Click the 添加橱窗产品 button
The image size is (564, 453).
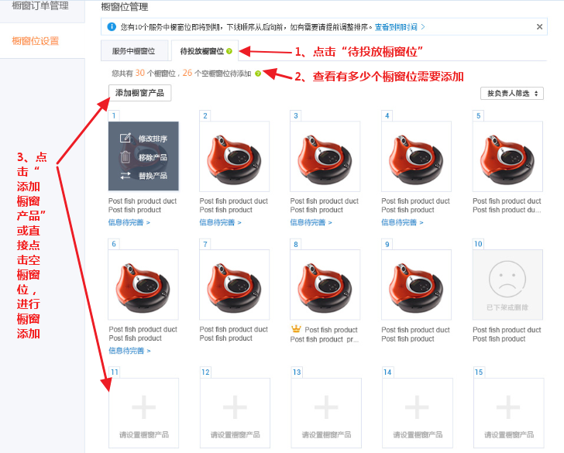tap(140, 93)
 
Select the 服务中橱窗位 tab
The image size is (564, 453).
tap(133, 51)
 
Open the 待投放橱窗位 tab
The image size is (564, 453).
tap(202, 51)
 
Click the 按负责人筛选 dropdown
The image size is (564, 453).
tap(511, 94)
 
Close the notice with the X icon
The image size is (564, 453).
tap(540, 26)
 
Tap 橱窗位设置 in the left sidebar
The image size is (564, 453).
tap(36, 41)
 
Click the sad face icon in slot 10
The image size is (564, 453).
tap(507, 279)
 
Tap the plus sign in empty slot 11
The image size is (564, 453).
tap(143, 407)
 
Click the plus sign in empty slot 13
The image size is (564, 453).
tap(325, 407)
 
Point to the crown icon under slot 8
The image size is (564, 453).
tap(296, 329)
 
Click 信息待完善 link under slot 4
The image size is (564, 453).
tap(401, 222)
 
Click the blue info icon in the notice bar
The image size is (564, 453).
tap(111, 26)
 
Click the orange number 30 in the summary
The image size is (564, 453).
tap(140, 74)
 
